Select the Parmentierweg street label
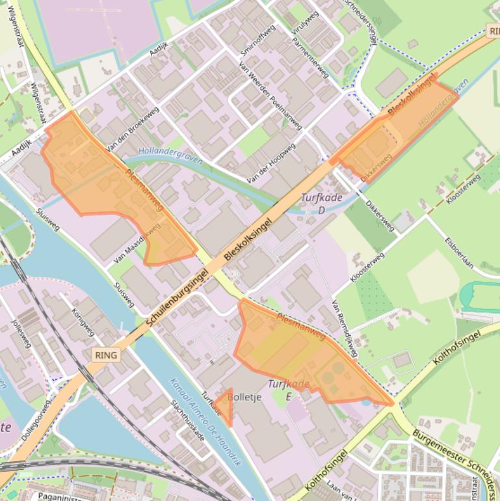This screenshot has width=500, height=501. point(315,45)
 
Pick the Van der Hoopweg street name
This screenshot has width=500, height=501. point(271,163)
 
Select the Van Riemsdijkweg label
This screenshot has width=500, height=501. point(345,329)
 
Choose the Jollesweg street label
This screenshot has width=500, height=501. point(21,333)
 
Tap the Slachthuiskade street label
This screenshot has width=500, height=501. point(187,420)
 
